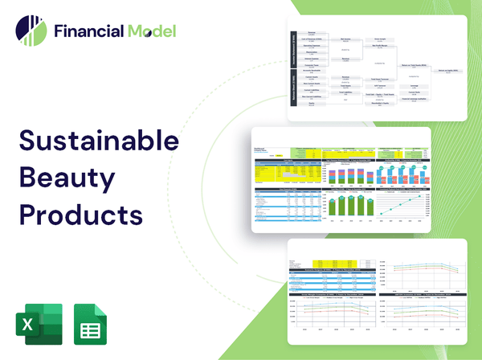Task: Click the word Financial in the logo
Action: coord(87,31)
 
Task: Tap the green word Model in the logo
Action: coord(149,31)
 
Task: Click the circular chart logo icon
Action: coord(31,30)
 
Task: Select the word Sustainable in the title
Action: coord(99,141)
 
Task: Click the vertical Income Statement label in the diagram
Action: coord(292,50)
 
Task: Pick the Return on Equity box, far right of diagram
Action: coord(447,71)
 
